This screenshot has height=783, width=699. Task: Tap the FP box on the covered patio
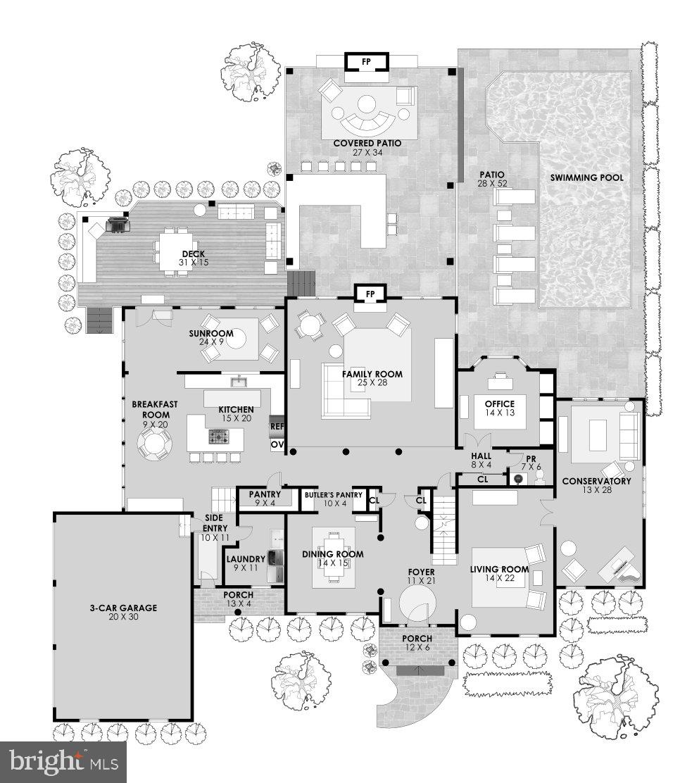click(x=365, y=61)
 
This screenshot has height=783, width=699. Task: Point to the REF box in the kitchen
click(x=277, y=427)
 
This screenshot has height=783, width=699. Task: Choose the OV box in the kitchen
click(x=277, y=445)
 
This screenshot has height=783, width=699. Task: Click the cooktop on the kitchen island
click(x=218, y=438)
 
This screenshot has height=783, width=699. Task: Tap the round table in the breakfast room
click(x=153, y=445)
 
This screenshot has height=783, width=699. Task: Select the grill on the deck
click(x=117, y=225)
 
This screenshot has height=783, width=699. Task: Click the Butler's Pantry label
click(x=333, y=496)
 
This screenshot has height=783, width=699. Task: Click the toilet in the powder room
click(x=539, y=478)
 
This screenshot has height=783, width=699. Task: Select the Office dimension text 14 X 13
click(x=499, y=413)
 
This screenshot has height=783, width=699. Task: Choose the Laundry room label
click(x=244, y=559)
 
